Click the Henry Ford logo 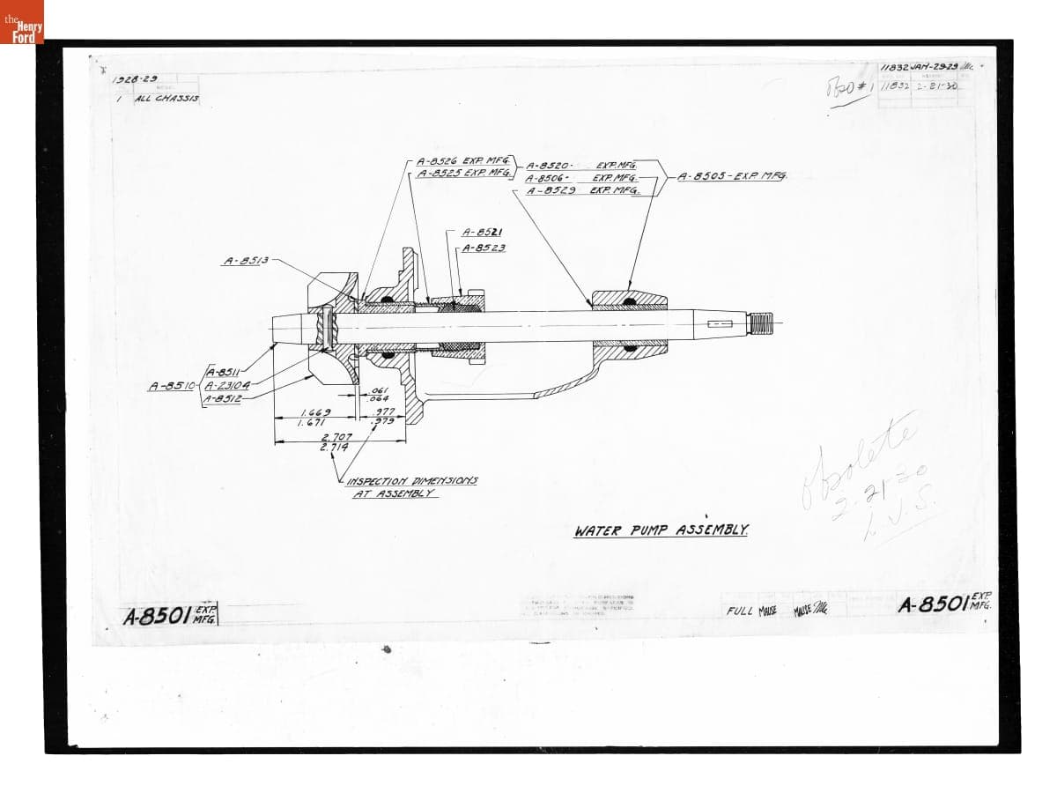[22, 22]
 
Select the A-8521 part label [482, 232]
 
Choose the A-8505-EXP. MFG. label [728, 176]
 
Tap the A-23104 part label [227, 385]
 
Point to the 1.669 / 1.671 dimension [315, 417]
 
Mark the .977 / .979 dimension [385, 416]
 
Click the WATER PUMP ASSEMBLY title [662, 531]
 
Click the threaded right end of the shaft [760, 323]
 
